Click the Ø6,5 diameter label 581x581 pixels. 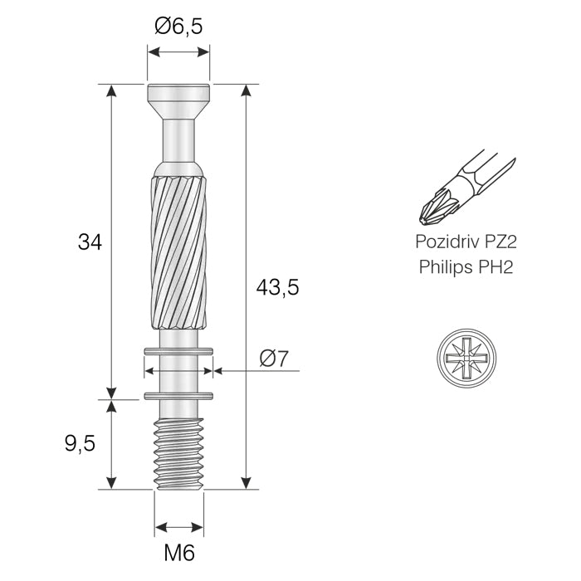(178, 27)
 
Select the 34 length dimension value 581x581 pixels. (90, 242)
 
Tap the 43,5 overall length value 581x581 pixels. (277, 288)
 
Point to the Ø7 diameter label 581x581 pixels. (273, 359)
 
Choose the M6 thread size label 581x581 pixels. (178, 553)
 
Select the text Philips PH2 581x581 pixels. (465, 268)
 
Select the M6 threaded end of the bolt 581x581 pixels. (178, 452)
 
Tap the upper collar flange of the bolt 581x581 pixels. (178, 354)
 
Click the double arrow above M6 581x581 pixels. (178, 527)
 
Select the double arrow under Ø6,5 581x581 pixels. (178, 52)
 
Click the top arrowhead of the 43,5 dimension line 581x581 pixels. (245, 91)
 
